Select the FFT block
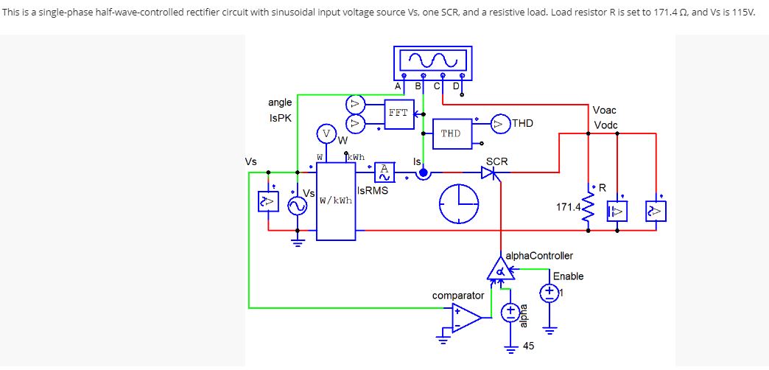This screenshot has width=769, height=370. [398, 114]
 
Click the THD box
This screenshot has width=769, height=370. [451, 133]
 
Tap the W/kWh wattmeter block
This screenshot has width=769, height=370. [336, 200]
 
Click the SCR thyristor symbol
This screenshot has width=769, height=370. [488, 172]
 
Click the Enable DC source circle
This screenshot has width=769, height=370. [549, 293]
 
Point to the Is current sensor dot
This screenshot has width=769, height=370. [423, 173]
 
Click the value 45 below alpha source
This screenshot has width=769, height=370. [528, 346]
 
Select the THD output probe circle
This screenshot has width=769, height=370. [500, 125]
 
